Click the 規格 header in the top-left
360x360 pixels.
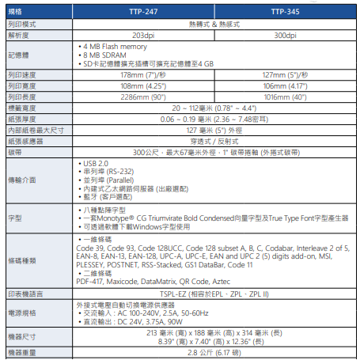tap(15, 13)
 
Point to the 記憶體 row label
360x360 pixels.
tap(19, 55)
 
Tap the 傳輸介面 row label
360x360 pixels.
tap(22, 180)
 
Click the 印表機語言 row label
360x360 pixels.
tap(25, 293)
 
